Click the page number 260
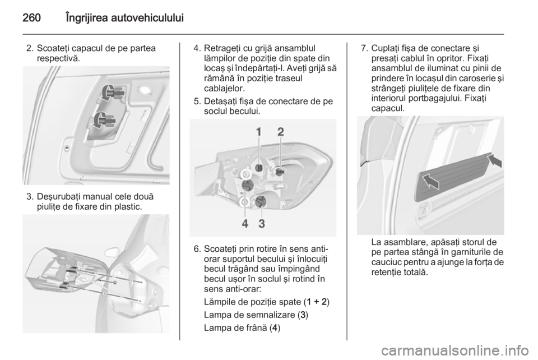tap(32, 17)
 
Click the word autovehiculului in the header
tap(148, 17)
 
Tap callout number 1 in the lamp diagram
tap(259, 132)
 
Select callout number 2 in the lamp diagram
tap(281, 132)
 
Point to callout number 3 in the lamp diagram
tap(262, 224)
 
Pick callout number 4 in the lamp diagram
tap(245, 224)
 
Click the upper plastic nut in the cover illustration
tap(112, 92)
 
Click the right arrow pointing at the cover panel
tap(495, 160)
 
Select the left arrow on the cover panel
tap(430, 181)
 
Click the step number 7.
tap(365, 48)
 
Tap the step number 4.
tap(197, 48)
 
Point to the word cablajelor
tap(224, 88)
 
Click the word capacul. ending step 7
tap(388, 108)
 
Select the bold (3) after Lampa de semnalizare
tap(303, 315)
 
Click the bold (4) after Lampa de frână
tap(275, 327)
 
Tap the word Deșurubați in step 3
tap(56, 197)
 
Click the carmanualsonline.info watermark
tap(454, 350)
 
